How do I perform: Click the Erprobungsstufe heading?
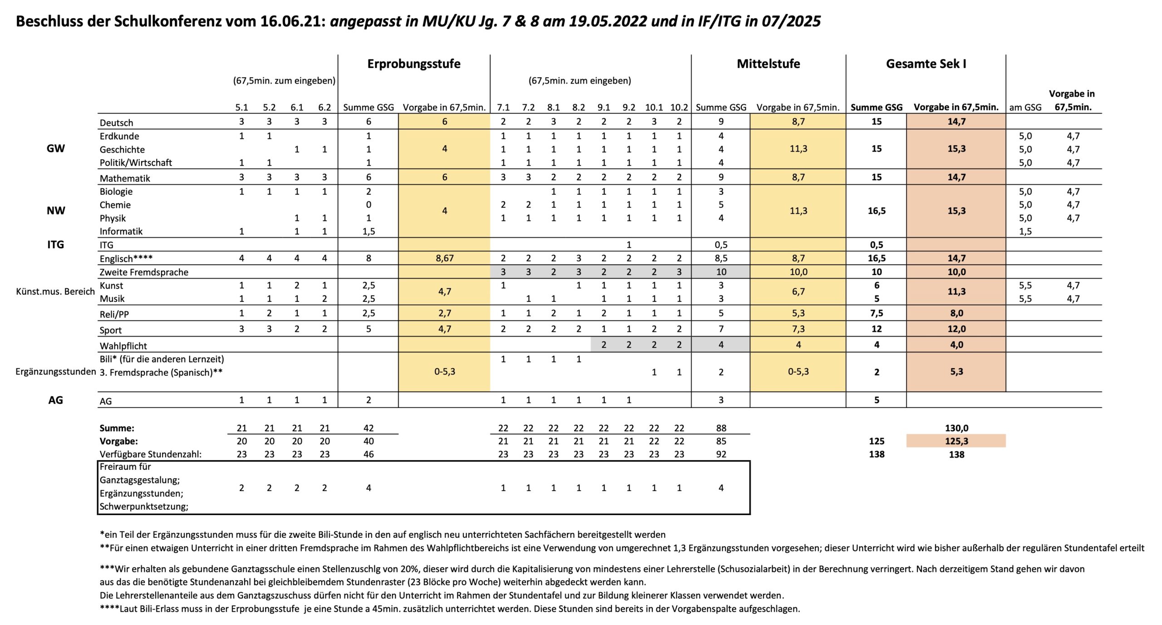pos(414,64)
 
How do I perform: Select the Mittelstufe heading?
pos(768,64)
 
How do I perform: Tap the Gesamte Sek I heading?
pos(926,64)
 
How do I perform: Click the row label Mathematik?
pos(125,178)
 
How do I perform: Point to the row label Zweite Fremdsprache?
pos(144,272)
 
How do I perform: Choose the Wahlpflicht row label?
pos(123,346)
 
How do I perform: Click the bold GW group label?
pos(56,149)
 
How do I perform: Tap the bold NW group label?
pos(56,211)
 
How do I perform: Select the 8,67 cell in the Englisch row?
pos(444,258)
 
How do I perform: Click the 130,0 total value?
pos(956,428)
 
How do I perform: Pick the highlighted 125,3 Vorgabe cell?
pos(956,441)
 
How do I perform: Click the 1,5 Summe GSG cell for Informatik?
pos(369,231)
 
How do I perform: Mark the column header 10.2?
pos(679,108)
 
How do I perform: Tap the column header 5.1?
pos(241,108)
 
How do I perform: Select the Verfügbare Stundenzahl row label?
pos(151,454)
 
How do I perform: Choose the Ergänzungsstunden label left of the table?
pos(56,372)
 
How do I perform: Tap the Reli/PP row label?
pos(114,314)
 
